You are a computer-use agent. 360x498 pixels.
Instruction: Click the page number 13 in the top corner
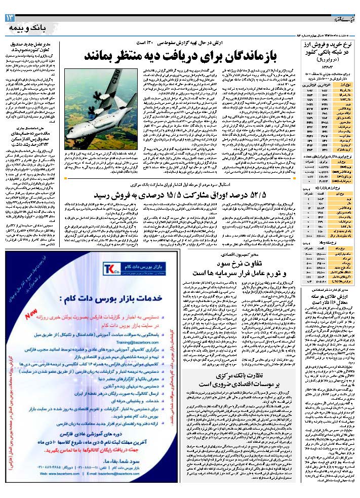click(11, 19)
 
